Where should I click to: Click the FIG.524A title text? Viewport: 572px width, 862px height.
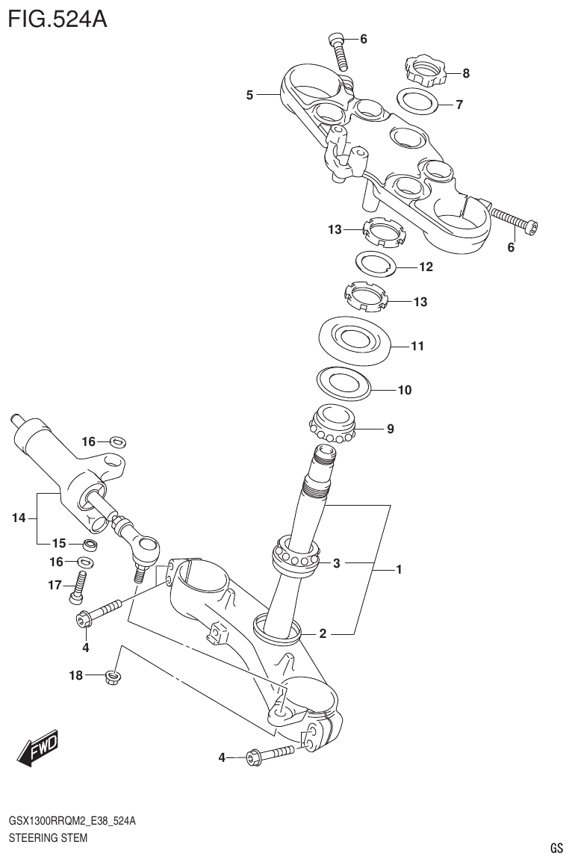[x=57, y=18]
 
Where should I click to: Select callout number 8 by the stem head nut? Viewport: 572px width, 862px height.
[x=466, y=73]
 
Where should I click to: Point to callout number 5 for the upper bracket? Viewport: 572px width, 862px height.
[x=250, y=95]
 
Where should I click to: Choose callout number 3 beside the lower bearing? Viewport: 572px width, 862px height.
[x=337, y=563]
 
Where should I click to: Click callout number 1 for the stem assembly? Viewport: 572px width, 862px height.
[x=400, y=570]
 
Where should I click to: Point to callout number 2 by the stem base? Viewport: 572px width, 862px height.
[x=323, y=635]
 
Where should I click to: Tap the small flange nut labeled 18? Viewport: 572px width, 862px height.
[x=114, y=677]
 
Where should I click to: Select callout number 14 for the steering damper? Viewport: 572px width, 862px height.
[x=19, y=517]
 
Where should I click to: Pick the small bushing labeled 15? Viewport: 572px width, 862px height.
[x=89, y=542]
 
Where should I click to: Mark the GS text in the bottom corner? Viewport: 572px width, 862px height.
[x=556, y=849]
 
